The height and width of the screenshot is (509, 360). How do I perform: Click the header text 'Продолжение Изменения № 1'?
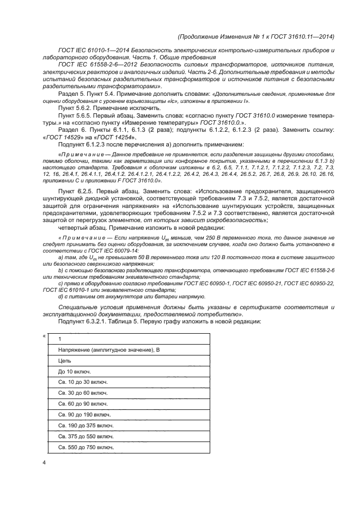click(x=229, y=36)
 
